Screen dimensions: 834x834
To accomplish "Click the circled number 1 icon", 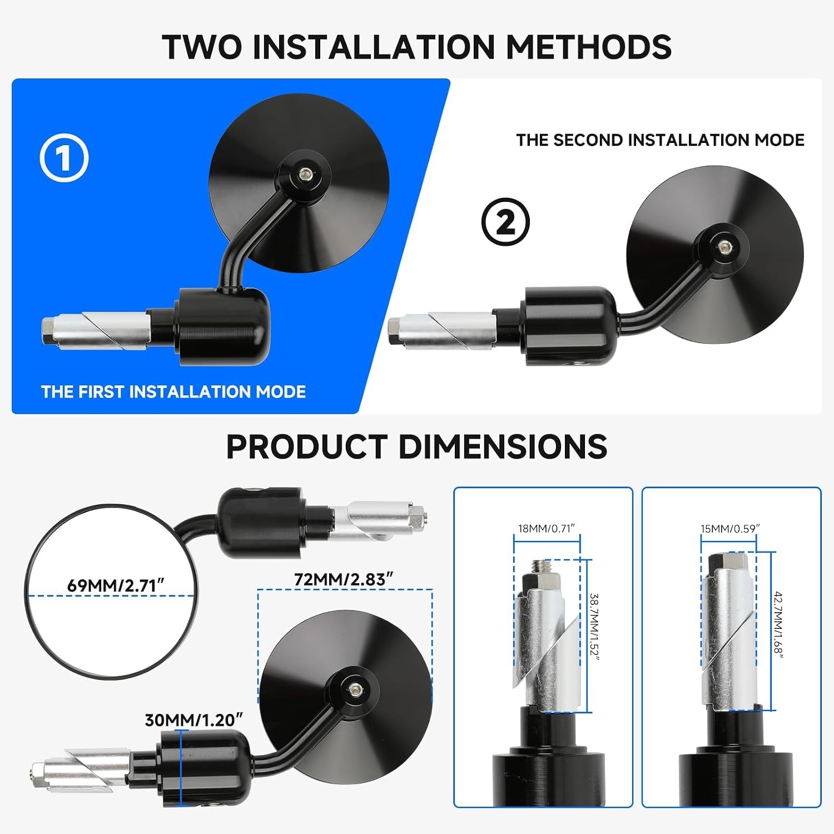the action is point(64,158).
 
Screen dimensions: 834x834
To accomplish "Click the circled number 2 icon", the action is point(505,222).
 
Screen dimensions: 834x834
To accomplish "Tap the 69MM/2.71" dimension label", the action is point(116,585).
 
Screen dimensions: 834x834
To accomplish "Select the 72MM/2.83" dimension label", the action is point(344,579).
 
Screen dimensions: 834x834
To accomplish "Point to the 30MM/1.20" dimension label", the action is point(194,720).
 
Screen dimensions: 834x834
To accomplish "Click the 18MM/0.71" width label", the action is point(546,528).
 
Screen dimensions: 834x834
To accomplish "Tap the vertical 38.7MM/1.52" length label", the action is point(594,627).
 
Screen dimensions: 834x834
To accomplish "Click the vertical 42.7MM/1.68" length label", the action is point(778,625).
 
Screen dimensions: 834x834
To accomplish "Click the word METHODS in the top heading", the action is point(589,47).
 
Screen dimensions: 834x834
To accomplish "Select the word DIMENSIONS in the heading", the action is point(503,446).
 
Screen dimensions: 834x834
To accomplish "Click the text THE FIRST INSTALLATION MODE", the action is point(173,392).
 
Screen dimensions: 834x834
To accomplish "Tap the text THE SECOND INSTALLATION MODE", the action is point(660,140).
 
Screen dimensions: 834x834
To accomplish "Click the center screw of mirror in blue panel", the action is point(305,174).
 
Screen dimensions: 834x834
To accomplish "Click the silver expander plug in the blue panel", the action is point(96,331).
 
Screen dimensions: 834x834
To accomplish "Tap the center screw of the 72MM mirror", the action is point(354,690).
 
